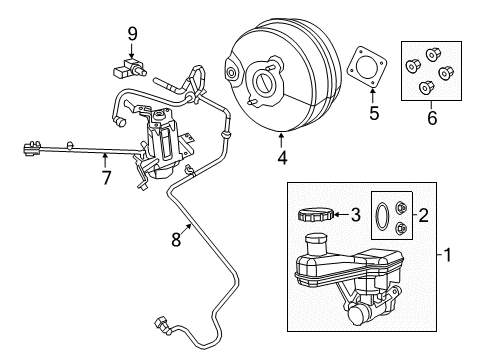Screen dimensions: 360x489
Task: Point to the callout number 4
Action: point(283,158)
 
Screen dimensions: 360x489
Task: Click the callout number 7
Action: point(107,178)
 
